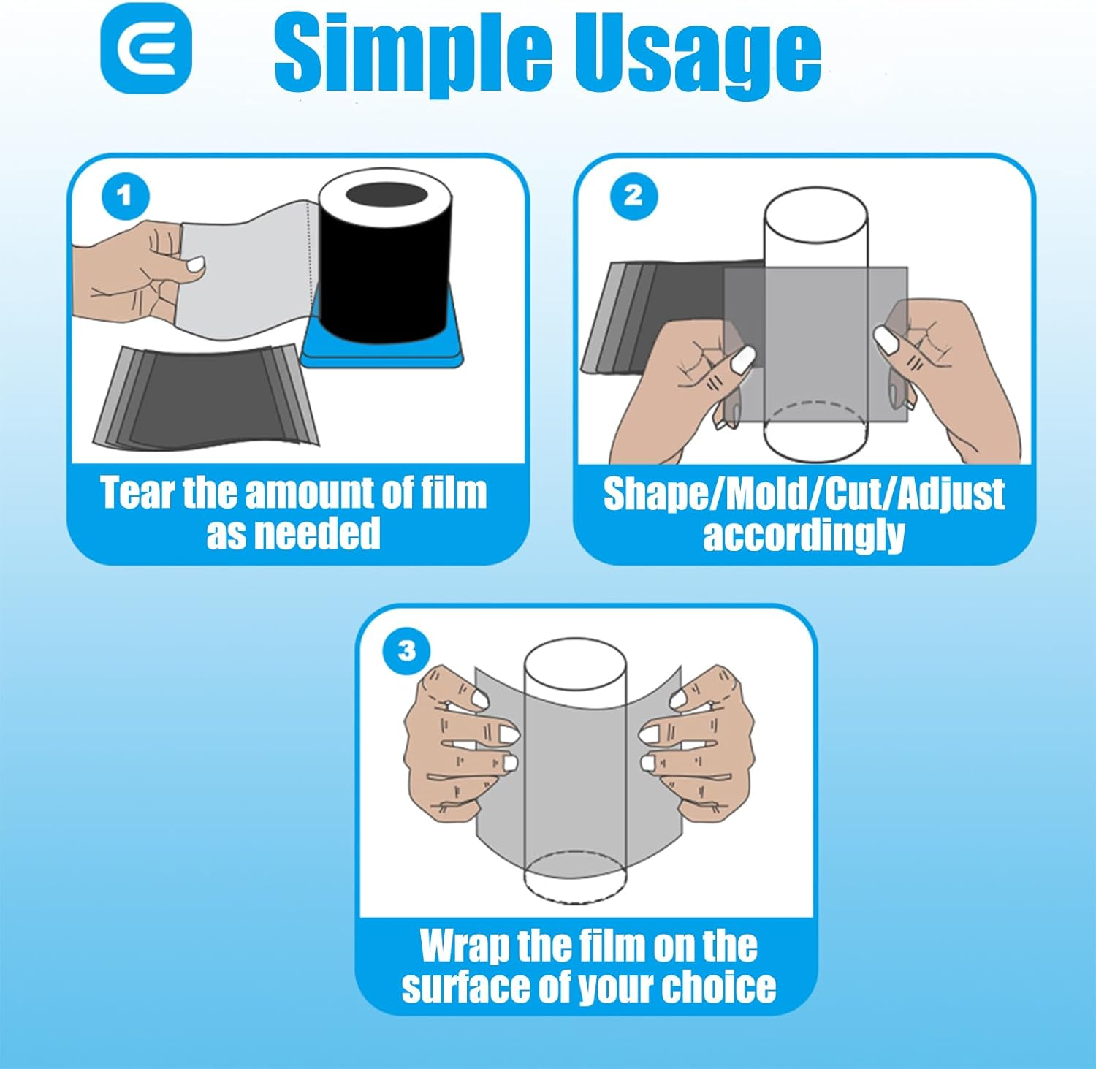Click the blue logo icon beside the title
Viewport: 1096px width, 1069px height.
click(x=146, y=49)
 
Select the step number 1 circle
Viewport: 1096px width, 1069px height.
click(x=125, y=196)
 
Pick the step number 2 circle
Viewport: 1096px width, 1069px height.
click(x=633, y=196)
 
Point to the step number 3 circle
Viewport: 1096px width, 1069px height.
click(x=407, y=650)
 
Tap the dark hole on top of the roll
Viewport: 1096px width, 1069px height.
click(x=386, y=197)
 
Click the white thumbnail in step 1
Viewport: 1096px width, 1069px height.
click(x=195, y=265)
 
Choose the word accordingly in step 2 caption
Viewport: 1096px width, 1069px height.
click(x=804, y=536)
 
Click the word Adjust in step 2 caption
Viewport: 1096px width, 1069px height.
click(x=951, y=495)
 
